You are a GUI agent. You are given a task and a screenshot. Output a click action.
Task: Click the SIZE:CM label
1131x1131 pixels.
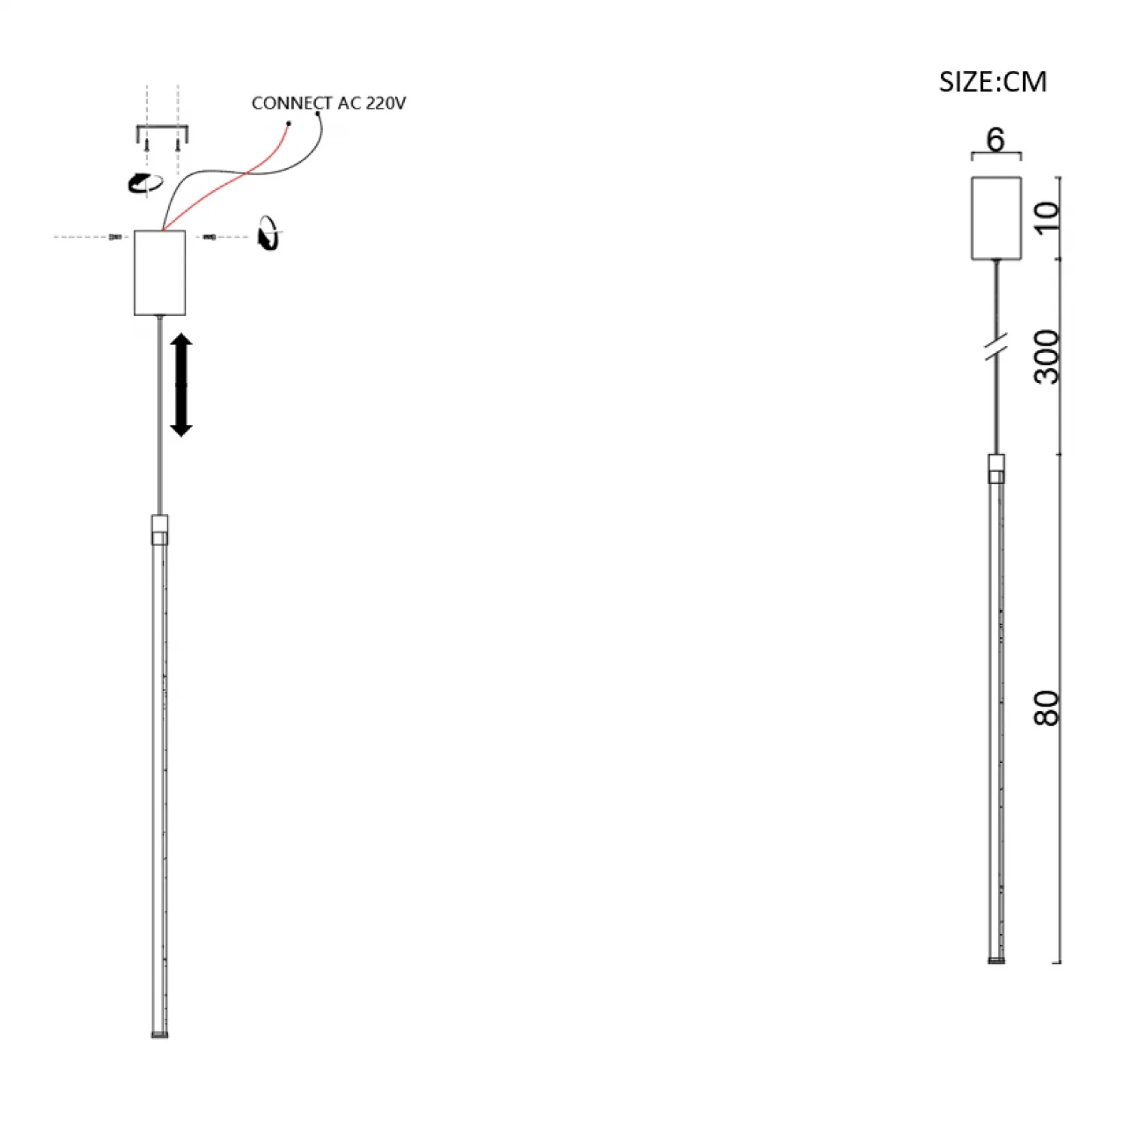pyautogui.click(x=992, y=81)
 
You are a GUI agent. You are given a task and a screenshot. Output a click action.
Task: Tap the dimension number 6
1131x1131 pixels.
pyautogui.click(x=995, y=139)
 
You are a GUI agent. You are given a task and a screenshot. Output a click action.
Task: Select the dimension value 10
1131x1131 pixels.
pyautogui.click(x=1047, y=218)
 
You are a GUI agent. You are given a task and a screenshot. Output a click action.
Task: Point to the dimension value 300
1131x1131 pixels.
pyautogui.click(x=1047, y=357)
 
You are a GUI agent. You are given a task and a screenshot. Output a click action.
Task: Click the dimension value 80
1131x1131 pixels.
pyautogui.click(x=1047, y=708)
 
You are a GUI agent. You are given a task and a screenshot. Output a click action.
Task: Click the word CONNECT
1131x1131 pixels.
pyautogui.click(x=292, y=103)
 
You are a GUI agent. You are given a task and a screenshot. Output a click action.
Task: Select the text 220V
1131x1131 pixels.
pyautogui.click(x=386, y=103)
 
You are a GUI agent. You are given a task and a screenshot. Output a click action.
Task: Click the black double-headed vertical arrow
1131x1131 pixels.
pyautogui.click(x=181, y=385)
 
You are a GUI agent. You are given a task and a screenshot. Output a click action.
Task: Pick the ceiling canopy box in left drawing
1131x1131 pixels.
pyautogui.click(x=160, y=272)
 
